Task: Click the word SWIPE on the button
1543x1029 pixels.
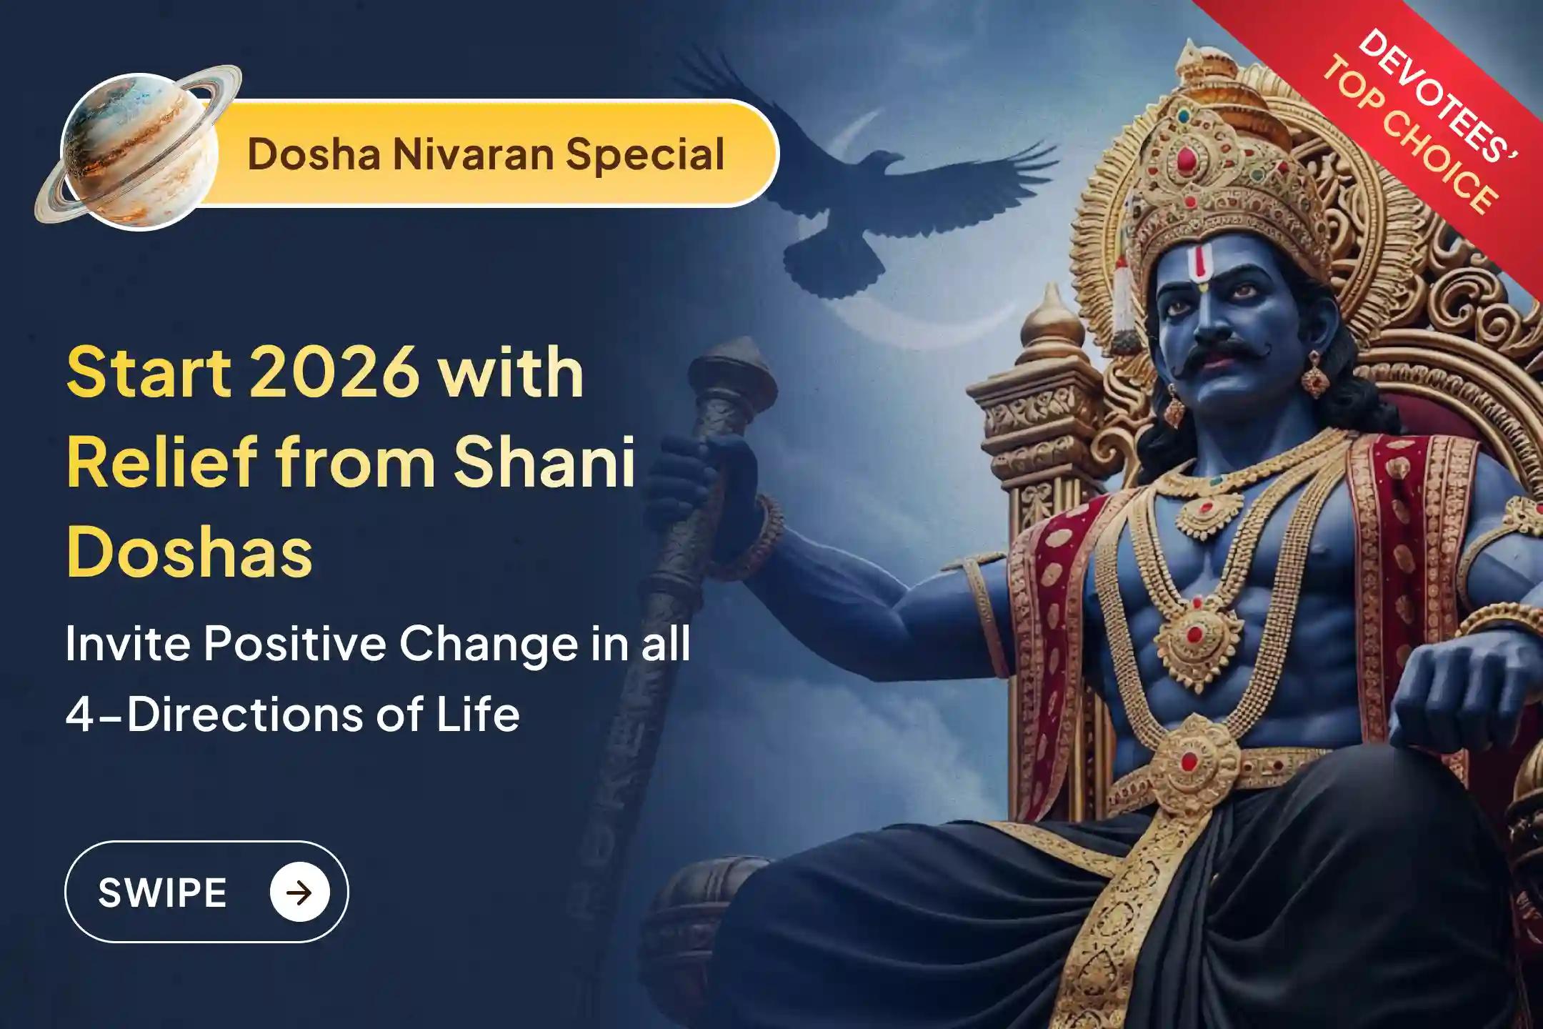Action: (163, 893)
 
